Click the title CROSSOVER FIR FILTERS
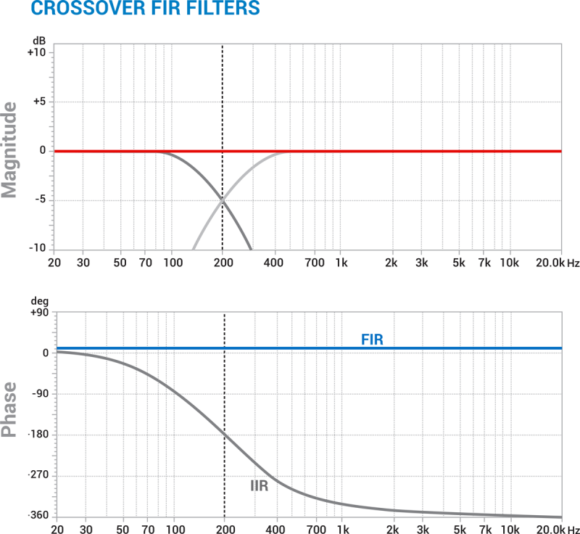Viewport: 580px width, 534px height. coord(134,9)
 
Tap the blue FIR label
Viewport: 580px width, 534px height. coord(372,338)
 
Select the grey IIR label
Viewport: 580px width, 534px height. coord(259,485)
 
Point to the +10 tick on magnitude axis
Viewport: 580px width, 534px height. coord(36,53)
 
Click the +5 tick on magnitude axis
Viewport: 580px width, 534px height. coord(38,102)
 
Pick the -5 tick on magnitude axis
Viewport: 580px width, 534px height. coord(40,200)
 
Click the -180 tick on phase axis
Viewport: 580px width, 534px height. coord(36,435)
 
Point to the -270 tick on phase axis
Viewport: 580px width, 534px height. coord(36,476)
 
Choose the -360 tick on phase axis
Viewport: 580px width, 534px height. coord(36,516)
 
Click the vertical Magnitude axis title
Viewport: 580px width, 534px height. coord(11,150)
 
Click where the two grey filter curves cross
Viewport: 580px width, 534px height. coord(222,200)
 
